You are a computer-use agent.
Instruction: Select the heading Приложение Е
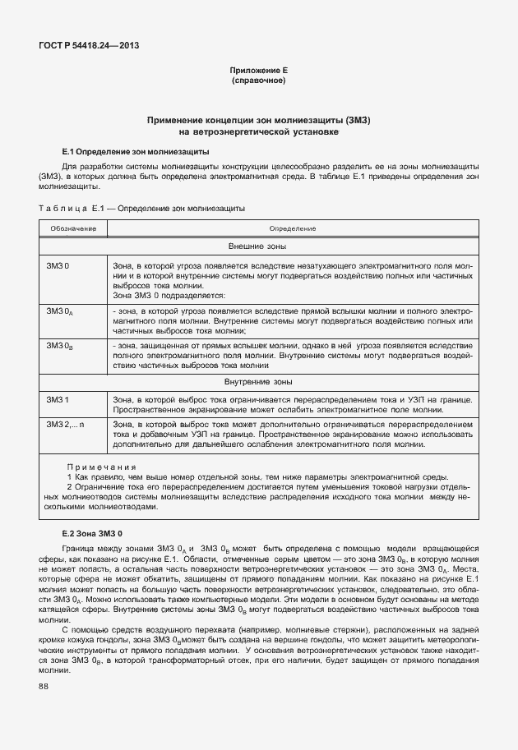pos(258,71)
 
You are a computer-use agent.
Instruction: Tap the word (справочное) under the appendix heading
pos(258,81)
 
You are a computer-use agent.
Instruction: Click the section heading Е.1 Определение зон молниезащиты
pos(136,152)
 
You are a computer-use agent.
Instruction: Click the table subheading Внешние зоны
pos(257,246)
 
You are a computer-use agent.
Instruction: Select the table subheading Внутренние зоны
pos(257,382)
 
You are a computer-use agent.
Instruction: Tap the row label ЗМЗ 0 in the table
pos(58,267)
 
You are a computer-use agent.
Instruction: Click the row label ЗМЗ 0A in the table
pos(60,312)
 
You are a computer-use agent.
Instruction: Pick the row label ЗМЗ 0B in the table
pos(60,347)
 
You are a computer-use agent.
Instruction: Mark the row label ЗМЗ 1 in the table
pos(58,399)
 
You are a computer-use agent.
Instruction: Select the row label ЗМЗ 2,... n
pos(66,424)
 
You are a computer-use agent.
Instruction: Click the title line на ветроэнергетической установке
pos(258,131)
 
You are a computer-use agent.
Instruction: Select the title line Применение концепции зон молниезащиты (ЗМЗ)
pos(258,120)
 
